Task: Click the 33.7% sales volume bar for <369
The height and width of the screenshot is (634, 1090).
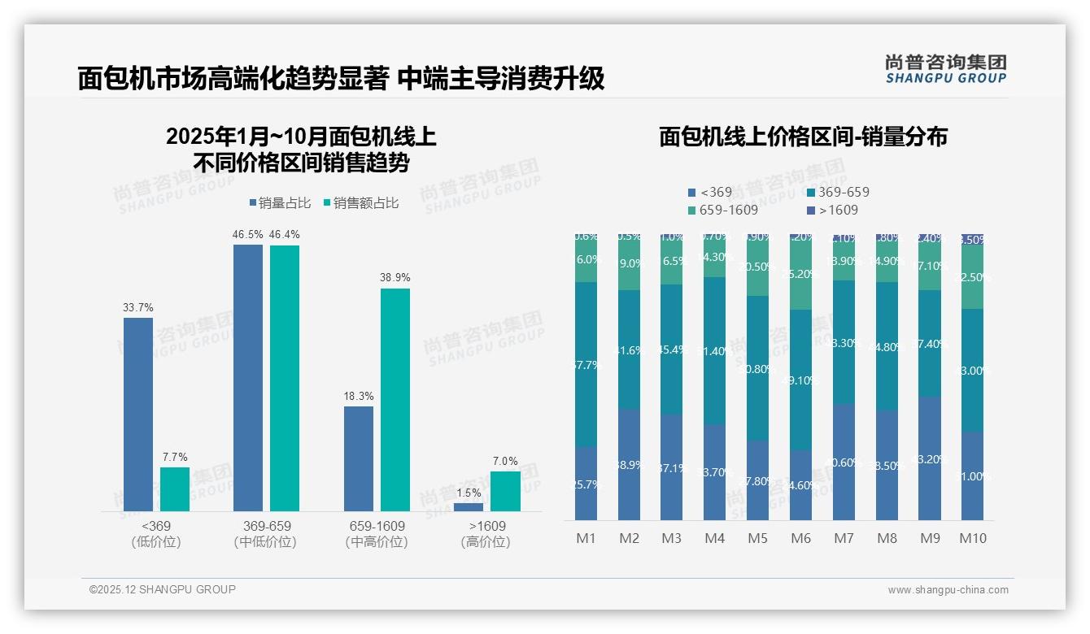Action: pyautogui.click(x=138, y=414)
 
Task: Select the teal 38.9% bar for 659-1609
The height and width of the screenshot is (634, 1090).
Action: pyautogui.click(x=395, y=399)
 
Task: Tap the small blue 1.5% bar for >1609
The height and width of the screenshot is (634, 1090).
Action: pyautogui.click(x=468, y=506)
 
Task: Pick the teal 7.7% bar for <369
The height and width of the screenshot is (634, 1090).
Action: pyautogui.click(x=174, y=489)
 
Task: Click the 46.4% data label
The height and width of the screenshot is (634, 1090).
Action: pyautogui.click(x=284, y=235)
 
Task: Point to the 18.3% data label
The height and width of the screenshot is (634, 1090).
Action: pyautogui.click(x=359, y=396)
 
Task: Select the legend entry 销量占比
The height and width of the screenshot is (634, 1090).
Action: pyautogui.click(x=279, y=203)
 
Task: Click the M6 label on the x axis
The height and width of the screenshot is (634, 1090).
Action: pyautogui.click(x=801, y=539)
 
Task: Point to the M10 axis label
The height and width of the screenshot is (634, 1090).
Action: pyautogui.click(x=973, y=539)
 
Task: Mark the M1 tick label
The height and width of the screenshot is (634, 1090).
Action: pyautogui.click(x=586, y=539)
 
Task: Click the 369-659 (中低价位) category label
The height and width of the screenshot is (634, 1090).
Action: pyautogui.click(x=266, y=534)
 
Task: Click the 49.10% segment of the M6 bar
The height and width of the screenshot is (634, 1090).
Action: pyautogui.click(x=801, y=380)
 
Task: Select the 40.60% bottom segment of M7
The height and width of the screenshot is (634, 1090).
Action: pyautogui.click(x=844, y=462)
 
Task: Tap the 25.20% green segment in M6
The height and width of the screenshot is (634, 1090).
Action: pyautogui.click(x=801, y=274)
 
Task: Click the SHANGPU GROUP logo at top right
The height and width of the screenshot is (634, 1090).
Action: pyautogui.click(x=946, y=69)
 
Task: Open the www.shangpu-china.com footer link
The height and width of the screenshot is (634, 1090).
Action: pyautogui.click(x=948, y=590)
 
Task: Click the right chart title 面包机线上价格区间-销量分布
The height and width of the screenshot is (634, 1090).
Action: pyautogui.click(x=803, y=137)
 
